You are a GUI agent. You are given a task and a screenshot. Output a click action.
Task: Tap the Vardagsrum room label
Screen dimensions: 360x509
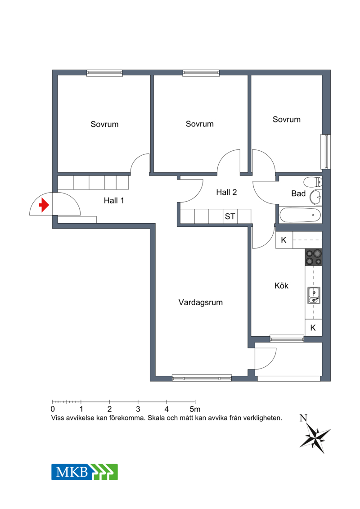(201, 302)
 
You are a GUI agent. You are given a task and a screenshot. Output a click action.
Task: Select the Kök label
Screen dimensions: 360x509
(281, 286)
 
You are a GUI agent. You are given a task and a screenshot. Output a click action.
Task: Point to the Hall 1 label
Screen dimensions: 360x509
(114, 201)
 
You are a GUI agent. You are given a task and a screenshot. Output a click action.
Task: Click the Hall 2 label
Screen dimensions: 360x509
(226, 193)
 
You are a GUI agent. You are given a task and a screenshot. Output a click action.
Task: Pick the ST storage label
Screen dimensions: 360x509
(230, 216)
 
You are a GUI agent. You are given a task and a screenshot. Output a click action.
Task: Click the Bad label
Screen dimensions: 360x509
(298, 194)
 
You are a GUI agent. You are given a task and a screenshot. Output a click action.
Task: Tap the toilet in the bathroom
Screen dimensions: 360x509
(313, 182)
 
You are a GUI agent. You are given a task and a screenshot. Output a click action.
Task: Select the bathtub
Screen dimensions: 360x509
(300, 215)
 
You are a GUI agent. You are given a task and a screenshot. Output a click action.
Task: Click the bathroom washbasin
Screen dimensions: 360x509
(315, 197)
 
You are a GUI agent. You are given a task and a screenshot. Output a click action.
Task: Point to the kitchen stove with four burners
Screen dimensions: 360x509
(314, 257)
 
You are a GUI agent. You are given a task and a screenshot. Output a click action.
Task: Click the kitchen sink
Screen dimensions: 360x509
(314, 295)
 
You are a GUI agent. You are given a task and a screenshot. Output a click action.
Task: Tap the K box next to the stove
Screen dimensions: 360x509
(283, 240)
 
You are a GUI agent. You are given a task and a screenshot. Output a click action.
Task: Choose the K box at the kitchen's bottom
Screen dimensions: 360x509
(313, 328)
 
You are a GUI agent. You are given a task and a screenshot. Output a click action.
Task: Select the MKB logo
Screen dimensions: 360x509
(85, 472)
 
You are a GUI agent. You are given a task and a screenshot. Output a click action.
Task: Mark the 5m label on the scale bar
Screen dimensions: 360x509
(195, 409)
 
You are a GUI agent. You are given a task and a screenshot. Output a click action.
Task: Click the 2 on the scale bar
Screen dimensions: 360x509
(110, 409)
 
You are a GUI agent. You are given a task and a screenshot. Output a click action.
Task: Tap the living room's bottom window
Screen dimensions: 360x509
(202, 378)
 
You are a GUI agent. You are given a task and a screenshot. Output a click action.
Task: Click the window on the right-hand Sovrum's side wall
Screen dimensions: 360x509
(325, 152)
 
